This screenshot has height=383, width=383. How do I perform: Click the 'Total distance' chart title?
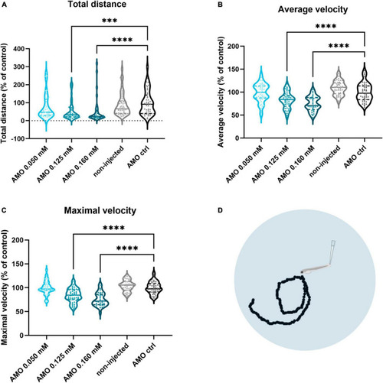(x=97, y=5)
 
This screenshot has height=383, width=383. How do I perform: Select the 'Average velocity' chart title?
(x=313, y=9)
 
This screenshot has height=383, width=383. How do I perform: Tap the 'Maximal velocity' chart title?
(x=100, y=211)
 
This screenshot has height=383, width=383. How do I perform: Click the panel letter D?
(x=220, y=210)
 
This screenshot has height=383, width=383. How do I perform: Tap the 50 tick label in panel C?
(x=20, y=312)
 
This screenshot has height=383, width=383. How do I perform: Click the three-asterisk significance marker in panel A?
(x=110, y=21)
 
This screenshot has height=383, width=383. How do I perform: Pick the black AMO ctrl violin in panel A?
(x=148, y=93)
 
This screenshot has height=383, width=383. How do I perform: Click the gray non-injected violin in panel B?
(x=339, y=87)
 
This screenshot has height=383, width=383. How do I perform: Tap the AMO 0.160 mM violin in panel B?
(x=313, y=103)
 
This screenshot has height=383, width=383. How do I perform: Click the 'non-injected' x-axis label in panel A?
(x=109, y=161)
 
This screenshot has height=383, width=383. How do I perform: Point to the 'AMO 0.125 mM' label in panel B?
(x=270, y=164)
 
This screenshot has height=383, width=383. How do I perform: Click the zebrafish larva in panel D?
(x=315, y=269)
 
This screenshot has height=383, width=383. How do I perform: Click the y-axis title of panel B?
(x=221, y=92)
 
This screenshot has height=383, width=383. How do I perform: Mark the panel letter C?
(x=4, y=210)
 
